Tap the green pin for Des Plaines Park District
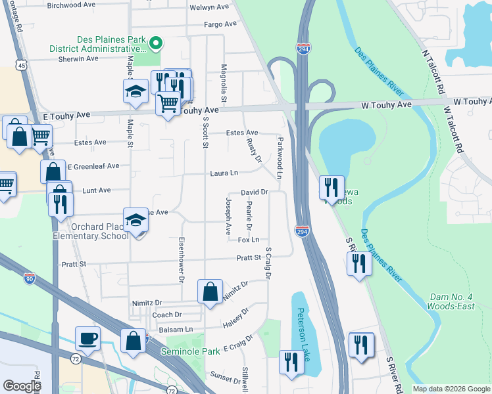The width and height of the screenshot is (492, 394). pos(156,45)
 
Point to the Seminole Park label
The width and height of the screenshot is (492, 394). pos(190,351)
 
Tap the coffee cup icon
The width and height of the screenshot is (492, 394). pos(87,338)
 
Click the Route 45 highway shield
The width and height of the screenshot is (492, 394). pos(22,66)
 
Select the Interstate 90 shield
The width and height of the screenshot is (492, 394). pos(29,278)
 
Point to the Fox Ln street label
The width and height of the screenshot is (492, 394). pos(248,240)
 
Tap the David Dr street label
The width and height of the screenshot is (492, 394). pos(254,192)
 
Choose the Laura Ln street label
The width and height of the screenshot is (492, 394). pos(224,173)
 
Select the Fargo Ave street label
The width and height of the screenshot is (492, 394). pos(220,24)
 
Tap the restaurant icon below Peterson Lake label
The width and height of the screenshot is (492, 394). pos(290,361)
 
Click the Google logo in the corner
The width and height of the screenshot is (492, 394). pos(22,385)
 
